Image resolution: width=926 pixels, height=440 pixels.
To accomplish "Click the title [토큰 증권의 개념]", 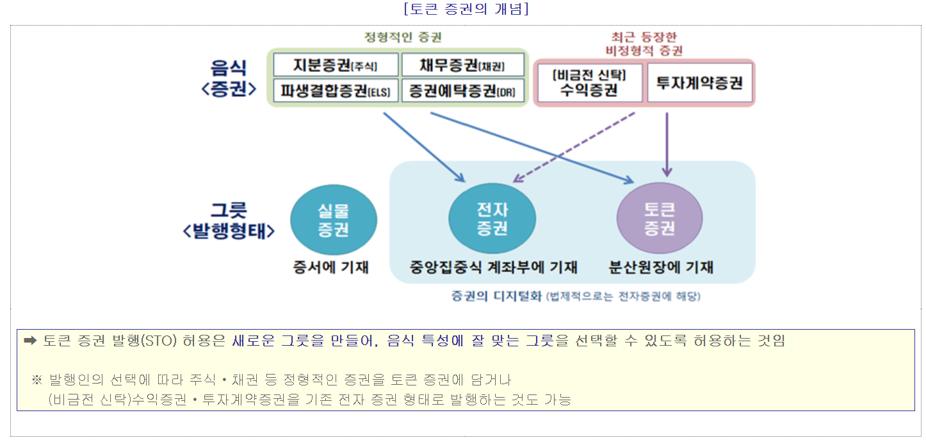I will tap(466, 9).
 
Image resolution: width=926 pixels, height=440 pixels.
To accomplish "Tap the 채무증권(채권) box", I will tap(462, 65).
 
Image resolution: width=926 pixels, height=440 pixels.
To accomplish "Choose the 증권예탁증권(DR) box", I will tap(462, 90).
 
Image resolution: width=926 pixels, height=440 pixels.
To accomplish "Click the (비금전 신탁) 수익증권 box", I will tap(589, 83).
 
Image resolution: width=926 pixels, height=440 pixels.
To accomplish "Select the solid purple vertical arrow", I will tap(667, 144).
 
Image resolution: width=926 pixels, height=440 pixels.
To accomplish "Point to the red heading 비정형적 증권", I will tap(644, 50).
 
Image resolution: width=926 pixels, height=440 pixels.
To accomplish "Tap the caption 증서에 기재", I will tap(331, 267).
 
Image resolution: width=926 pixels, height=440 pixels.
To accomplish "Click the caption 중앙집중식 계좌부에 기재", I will tap(494, 267).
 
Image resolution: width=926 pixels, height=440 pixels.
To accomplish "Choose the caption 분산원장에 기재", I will tap(661, 267).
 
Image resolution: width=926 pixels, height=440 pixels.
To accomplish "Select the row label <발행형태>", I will tap(229, 232).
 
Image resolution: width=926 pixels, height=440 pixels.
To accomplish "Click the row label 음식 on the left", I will tap(229, 68).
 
